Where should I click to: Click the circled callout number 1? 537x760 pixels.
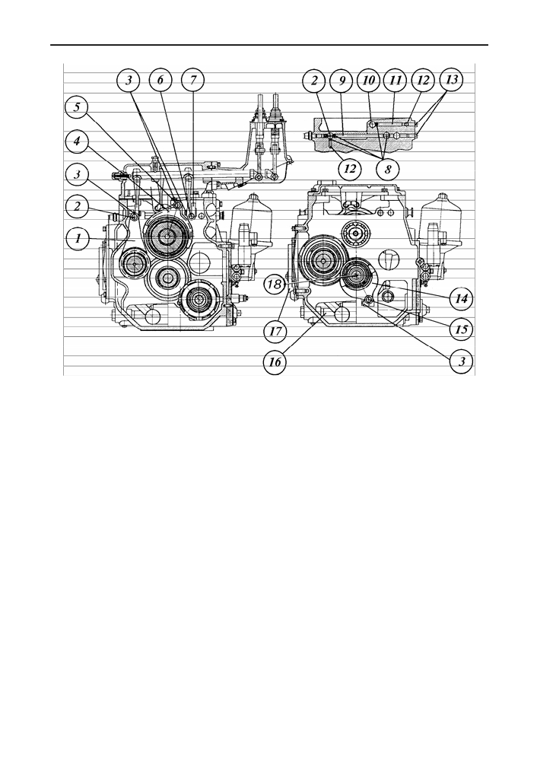tap(78, 238)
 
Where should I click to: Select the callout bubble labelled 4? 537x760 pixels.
tap(78, 143)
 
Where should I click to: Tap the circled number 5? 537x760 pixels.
tap(78, 107)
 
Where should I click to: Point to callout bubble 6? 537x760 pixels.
tap(160, 80)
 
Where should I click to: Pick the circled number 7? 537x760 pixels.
tap(193, 80)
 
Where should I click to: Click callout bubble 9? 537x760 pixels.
tap(342, 80)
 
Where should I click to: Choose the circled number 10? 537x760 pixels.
tap(369, 80)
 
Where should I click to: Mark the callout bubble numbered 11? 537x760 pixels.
tap(396, 80)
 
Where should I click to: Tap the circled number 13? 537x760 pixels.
tap(452, 80)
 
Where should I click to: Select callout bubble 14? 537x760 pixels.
tap(461, 298)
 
